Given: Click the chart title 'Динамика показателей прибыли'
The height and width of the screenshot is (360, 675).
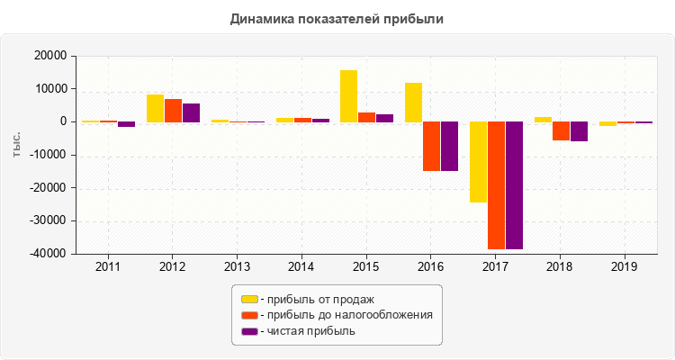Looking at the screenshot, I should click(337, 19).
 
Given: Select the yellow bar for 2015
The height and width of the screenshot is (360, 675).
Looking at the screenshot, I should click(348, 95).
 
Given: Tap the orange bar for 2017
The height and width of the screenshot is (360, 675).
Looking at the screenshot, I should click(496, 184).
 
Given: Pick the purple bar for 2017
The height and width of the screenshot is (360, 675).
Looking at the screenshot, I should click(514, 184).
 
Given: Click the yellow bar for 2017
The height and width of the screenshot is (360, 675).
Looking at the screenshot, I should click(478, 162).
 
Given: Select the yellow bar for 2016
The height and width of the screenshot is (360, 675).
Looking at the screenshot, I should click(413, 102).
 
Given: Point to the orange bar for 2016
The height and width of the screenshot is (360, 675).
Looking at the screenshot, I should click(431, 146).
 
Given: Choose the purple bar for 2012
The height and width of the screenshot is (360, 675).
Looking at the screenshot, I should click(191, 112).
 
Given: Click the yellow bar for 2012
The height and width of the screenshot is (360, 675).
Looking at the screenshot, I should click(155, 108).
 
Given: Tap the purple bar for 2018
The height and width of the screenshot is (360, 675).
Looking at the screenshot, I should click(579, 131).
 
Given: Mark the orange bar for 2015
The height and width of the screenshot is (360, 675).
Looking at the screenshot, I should click(366, 117).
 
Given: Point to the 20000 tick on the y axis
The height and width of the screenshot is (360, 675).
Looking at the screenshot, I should click(50, 56).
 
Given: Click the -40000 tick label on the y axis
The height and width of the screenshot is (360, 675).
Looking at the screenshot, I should click(49, 254).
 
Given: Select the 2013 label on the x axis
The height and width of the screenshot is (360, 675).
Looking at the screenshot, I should click(238, 267).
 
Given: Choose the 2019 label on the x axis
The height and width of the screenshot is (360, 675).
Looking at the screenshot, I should click(625, 267).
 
